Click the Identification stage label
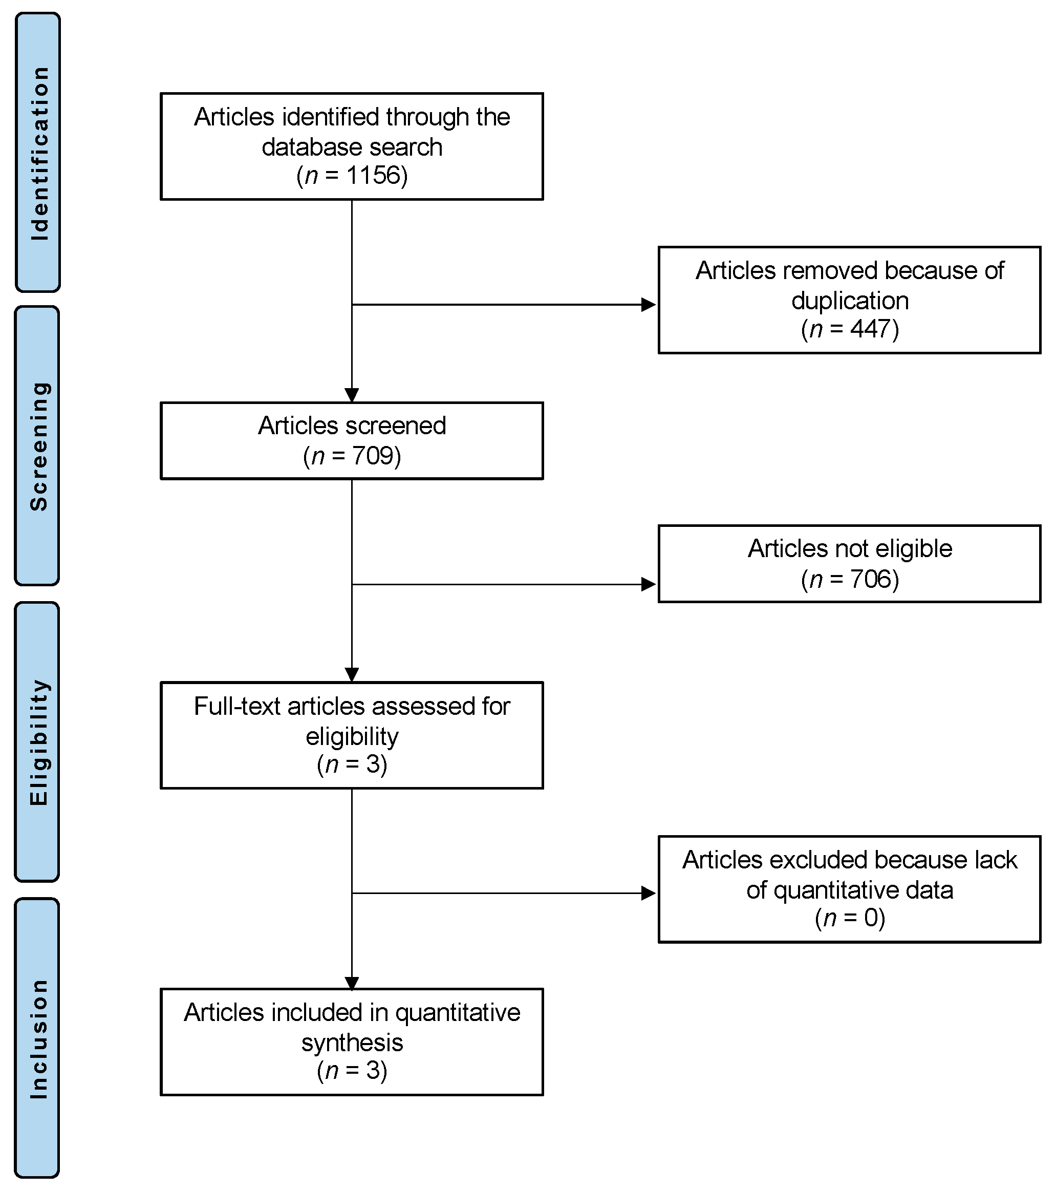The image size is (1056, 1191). [39, 153]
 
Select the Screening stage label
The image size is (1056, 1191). [39, 446]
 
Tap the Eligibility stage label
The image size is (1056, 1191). [39, 742]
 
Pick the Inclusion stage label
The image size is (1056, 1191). [39, 1039]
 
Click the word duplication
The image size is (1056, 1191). [850, 301]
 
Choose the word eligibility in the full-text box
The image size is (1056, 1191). [352, 736]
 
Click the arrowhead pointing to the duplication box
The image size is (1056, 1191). [648, 304]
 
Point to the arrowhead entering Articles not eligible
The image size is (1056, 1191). [648, 584]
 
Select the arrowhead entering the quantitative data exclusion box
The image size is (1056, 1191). [648, 892]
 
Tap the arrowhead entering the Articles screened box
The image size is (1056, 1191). [352, 395]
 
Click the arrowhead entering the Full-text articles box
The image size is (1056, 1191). [352, 675]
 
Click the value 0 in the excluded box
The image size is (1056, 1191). [871, 918]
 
